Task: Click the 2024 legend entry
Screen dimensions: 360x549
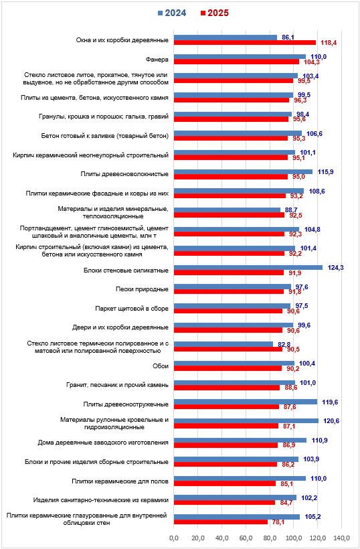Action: pyautogui.click(x=172, y=13)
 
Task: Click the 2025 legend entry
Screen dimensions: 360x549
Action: pyautogui.click(x=215, y=13)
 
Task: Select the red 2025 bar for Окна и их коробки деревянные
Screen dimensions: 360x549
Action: pyautogui.click(x=245, y=43)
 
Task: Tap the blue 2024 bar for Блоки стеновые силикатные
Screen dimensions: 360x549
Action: pyautogui.click(x=248, y=268)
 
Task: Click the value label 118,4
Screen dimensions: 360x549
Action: pyautogui.click(x=329, y=43)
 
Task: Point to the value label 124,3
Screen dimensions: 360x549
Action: pyautogui.click(x=335, y=268)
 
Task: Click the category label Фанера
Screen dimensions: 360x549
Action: pyautogui.click(x=157, y=60)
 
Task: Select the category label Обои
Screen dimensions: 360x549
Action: pyautogui.click(x=161, y=366)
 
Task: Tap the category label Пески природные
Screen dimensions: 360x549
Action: pyautogui.click(x=142, y=289)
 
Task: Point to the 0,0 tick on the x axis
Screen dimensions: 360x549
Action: pyautogui.click(x=174, y=538)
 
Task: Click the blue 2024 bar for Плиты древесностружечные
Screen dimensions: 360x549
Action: pyautogui.click(x=246, y=402)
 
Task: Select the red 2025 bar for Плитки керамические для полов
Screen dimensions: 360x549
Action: pyautogui.click(x=225, y=483)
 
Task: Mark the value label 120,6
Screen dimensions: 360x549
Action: pyautogui.click(x=331, y=421)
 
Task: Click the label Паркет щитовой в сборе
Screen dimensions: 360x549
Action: pyautogui.click(x=132, y=309)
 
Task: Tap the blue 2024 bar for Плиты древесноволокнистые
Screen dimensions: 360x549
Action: pyautogui.click(x=243, y=171)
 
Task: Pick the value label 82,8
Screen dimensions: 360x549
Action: pyautogui.click(x=284, y=345)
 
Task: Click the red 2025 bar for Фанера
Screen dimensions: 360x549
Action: pyautogui.click(x=236, y=62)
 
